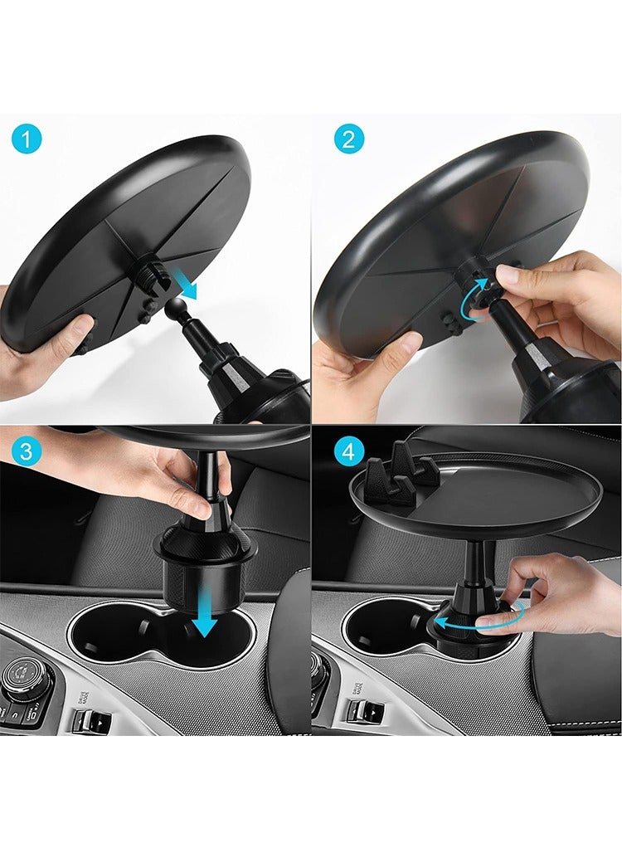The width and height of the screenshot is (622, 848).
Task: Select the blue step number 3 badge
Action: (27, 452)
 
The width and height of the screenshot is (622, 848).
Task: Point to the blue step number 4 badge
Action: (349, 452)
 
